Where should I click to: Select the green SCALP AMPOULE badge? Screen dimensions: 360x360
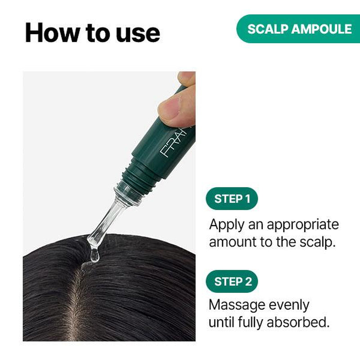[x=298, y=29]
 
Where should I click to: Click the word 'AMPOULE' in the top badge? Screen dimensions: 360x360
[x=322, y=29]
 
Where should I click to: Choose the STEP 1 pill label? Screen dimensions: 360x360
[x=232, y=198]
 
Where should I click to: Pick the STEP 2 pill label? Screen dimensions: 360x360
[x=232, y=282]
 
